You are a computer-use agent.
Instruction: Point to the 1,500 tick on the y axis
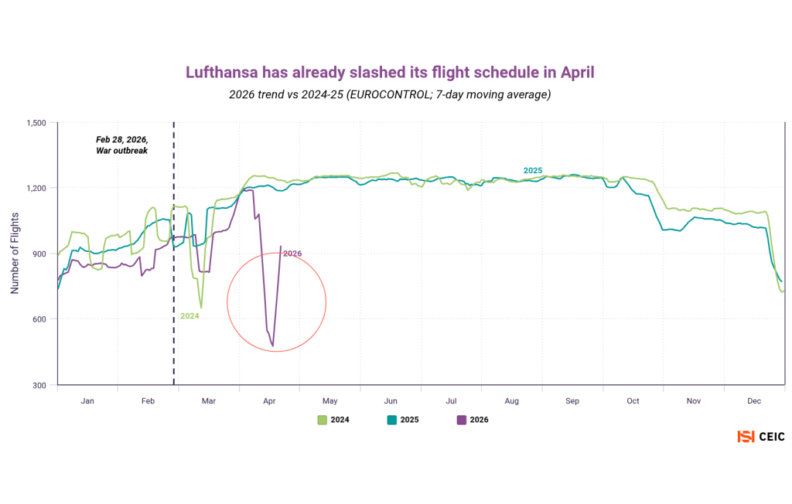pos(36,123)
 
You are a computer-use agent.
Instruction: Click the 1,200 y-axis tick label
pos(36,189)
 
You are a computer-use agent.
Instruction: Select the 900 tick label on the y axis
pos(39,254)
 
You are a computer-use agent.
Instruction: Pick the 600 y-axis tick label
pos(39,319)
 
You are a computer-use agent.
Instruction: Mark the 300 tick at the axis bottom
pos(39,385)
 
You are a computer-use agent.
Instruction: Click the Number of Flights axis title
pos(15,254)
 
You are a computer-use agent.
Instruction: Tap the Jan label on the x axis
pos(87,401)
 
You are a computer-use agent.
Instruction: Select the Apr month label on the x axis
pos(269,401)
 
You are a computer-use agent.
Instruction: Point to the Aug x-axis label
pos(511,401)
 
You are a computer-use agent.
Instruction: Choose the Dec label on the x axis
pos(754,401)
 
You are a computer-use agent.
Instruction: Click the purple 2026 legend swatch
pos(462,420)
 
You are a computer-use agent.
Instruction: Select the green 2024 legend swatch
pos(323,420)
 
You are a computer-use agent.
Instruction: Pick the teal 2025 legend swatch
pos(391,420)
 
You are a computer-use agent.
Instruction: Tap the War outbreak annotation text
pos(121,151)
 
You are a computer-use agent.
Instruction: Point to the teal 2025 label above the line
pos(533,170)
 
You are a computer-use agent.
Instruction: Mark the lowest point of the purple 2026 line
pos(273,346)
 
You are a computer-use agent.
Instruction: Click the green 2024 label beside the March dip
pos(189,315)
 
